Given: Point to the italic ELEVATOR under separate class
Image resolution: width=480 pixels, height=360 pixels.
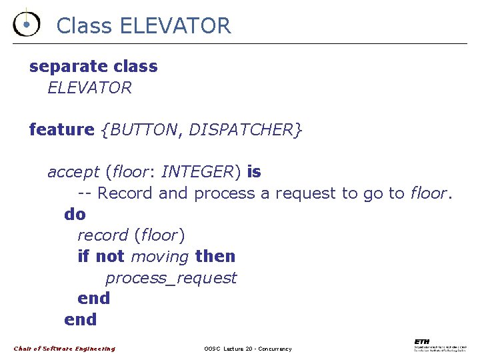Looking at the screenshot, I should (89, 87).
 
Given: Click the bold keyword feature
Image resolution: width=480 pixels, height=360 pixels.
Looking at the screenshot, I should (61, 129).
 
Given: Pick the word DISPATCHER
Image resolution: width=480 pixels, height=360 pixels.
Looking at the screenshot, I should (241, 129).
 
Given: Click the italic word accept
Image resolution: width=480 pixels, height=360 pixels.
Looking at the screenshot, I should (73, 172).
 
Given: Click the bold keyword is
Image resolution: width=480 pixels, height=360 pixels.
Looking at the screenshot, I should (254, 172).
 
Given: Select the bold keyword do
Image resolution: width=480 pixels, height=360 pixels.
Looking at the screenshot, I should (75, 214).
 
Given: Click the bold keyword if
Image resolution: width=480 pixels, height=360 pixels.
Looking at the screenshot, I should (83, 256).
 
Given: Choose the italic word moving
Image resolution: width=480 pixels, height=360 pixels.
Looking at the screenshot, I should (159, 256).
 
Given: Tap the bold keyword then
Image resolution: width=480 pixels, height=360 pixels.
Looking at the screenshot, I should (215, 256).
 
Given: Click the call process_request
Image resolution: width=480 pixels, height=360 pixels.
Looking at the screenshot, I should (171, 277).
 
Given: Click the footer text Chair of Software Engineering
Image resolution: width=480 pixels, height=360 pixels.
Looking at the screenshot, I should (65, 349).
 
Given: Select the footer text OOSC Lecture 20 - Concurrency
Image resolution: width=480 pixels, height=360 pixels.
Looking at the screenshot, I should (247, 349).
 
